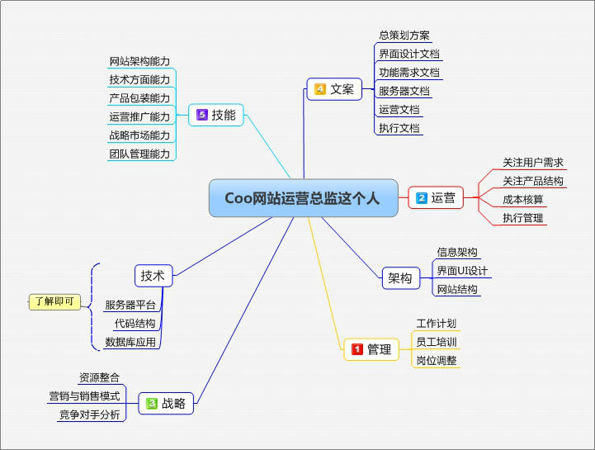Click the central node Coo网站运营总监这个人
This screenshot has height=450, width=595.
click(302, 198)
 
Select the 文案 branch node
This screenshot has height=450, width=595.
click(334, 89)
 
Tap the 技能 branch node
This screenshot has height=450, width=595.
click(217, 116)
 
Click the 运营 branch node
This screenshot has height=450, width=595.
click(436, 197)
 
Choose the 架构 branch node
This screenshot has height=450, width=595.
click(399, 278)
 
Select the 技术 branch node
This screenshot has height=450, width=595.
click(153, 276)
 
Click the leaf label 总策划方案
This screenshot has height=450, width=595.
click(404, 36)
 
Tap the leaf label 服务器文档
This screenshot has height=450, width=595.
click(404, 91)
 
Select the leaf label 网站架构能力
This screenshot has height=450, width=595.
click(139, 61)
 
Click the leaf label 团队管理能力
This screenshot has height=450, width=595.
click(139, 154)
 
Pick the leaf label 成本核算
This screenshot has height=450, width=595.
click(523, 200)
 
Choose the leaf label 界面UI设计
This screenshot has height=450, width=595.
click(462, 271)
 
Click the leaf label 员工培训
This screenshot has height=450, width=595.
click(437, 342)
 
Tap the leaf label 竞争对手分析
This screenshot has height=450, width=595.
click(89, 414)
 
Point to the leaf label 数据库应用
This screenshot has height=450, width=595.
click(130, 342)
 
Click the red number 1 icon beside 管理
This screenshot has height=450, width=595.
click(358, 349)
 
